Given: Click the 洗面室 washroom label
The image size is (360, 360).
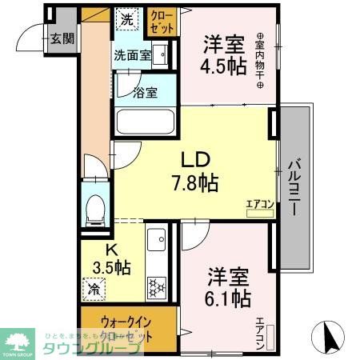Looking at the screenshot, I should (x=131, y=56).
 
